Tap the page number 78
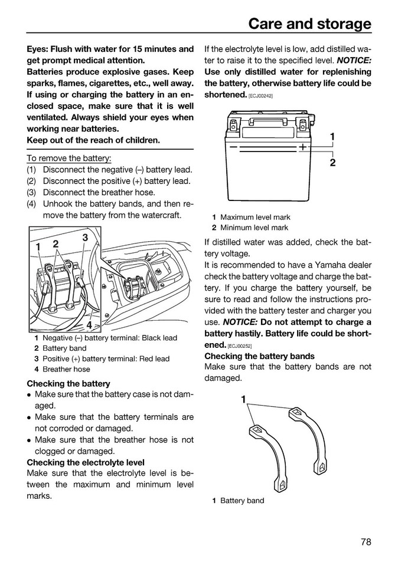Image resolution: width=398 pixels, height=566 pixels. tap(365, 542)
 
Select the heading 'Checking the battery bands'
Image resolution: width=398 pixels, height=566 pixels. tap(259, 356)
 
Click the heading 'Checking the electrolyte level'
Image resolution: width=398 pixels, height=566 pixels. tap(86, 462)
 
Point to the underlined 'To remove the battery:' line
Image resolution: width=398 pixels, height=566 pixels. tap(69, 159)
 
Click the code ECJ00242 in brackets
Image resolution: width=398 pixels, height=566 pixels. tap(260, 96)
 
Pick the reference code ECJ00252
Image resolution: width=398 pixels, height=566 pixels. tap(239, 345)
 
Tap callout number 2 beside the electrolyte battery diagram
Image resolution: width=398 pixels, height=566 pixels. tap(332, 163)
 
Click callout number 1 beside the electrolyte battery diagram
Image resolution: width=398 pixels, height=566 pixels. tap(332, 137)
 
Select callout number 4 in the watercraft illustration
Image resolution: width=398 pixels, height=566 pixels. tap(89, 325)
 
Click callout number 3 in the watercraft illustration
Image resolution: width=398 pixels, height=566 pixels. tap(85, 238)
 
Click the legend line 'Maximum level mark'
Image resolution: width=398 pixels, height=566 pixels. tap(255, 217)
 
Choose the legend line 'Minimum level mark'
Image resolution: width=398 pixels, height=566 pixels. tap(254, 228)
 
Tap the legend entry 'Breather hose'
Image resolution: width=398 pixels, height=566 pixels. tap(66, 369)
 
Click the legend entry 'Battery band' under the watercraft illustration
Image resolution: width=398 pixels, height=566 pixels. tap(64, 348)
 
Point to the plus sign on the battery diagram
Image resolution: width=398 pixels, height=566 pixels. tap(302, 146)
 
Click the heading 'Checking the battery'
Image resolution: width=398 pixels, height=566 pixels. tap(68, 383)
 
